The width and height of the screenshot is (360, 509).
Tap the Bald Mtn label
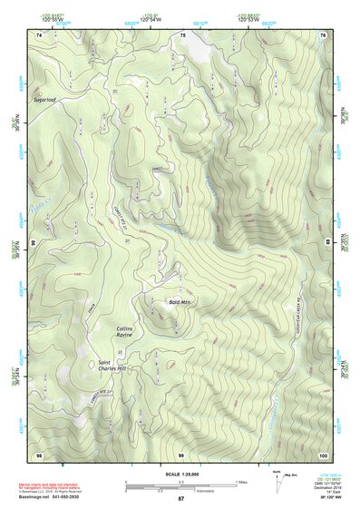[x=180, y=301]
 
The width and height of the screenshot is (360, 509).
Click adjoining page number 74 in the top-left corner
[x=39, y=34]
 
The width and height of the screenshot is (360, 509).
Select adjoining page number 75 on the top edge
[x=181, y=34]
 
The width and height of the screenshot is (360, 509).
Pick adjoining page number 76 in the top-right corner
[x=323, y=34]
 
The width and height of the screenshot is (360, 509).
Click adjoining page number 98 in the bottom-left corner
[x=39, y=454]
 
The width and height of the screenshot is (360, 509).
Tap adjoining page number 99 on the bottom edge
[x=181, y=454]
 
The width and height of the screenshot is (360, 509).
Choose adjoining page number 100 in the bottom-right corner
[x=322, y=454]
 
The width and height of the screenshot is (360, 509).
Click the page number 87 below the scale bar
[x=180, y=500]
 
